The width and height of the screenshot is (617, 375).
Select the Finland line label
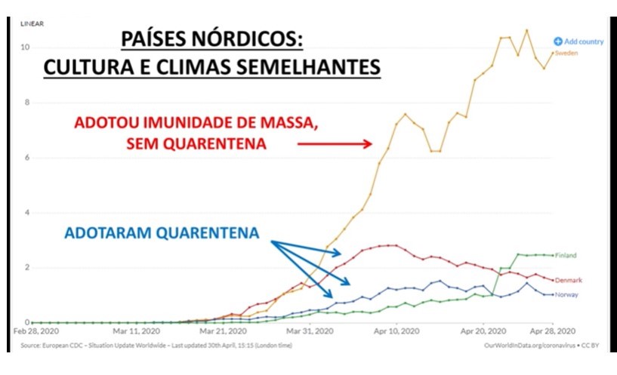tap(566, 256)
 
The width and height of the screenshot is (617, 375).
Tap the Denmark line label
tap(569, 280)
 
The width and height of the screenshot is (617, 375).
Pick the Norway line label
tap(567, 294)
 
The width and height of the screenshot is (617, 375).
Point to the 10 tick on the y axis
tap(25, 48)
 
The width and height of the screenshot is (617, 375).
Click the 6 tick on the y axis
tap(26, 158)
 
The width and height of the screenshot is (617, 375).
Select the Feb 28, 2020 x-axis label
tap(36, 330)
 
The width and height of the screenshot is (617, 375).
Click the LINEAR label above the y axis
tap(32, 23)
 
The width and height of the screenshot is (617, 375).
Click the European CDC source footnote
tap(151, 346)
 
